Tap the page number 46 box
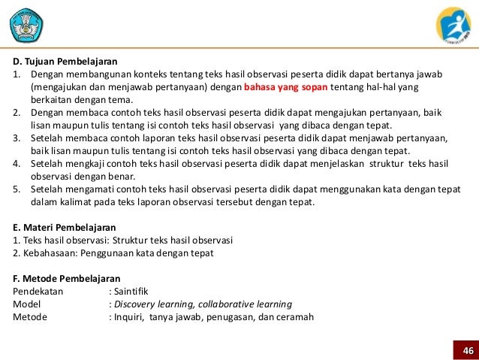click(467, 351)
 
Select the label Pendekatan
click(38, 292)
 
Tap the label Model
click(28, 304)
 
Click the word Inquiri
click(129, 317)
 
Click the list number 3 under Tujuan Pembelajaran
click(17, 139)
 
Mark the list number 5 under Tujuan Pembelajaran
click(17, 190)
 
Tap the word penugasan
click(224, 317)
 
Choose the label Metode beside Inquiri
click(30, 317)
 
